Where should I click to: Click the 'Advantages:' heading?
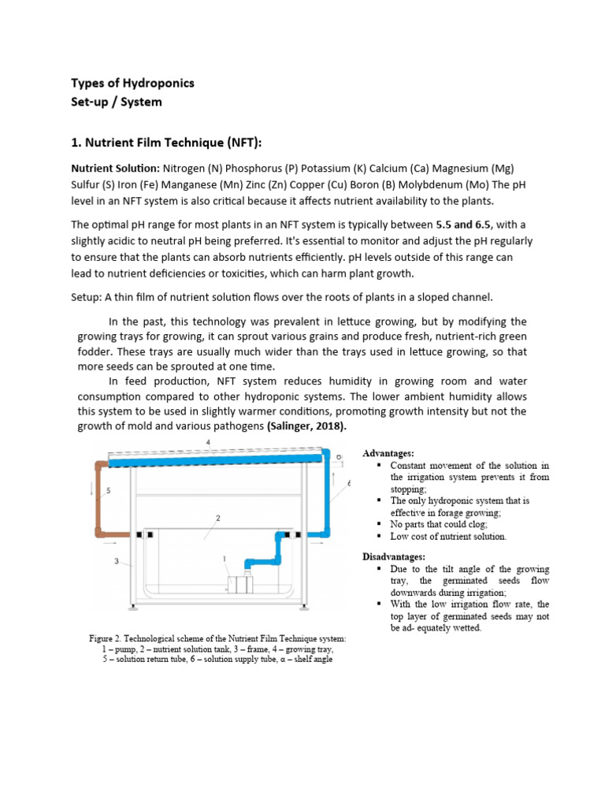point(388,454)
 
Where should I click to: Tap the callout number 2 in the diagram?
point(217,518)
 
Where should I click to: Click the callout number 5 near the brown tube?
point(109,490)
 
